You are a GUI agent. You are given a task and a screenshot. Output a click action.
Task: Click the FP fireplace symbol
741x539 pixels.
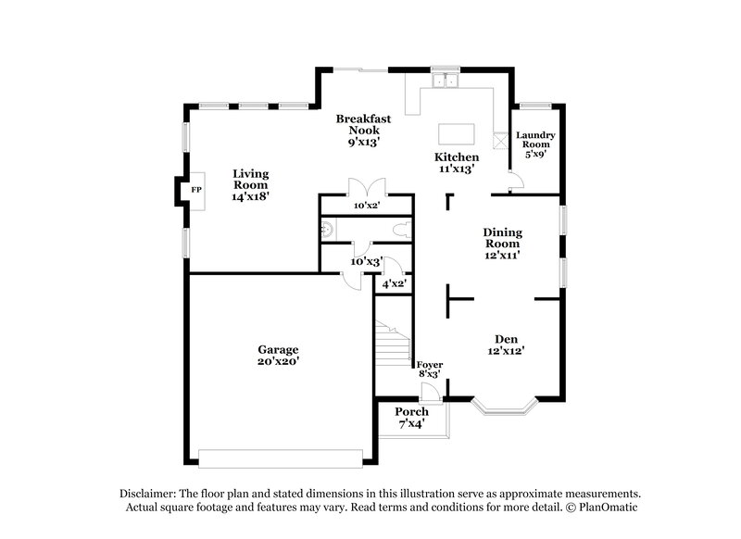coord(195,190)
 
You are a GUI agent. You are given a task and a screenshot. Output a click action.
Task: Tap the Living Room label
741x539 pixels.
coord(250,184)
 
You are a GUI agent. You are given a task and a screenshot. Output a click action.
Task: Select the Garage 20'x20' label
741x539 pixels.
coord(278,356)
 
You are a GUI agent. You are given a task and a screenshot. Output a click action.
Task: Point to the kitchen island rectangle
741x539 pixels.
coord(456,134)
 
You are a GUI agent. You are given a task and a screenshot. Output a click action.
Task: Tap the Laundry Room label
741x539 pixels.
coord(535,144)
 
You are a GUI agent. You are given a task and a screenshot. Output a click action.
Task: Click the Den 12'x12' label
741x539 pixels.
coord(506,345)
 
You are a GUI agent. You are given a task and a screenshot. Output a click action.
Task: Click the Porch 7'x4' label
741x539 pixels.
coord(411,417)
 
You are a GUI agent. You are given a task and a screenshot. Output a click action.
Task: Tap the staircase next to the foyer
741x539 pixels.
coord(393,345)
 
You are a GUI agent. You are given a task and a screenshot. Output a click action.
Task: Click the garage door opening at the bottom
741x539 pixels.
coord(280,458)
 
